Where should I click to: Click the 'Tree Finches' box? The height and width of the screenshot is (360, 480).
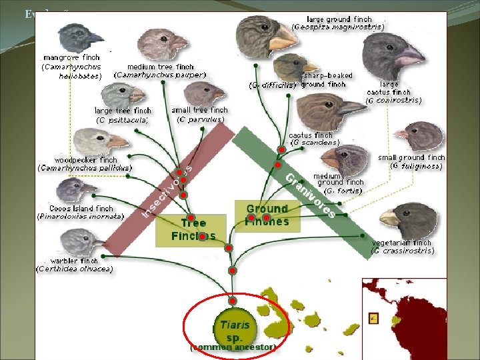[x=193, y=229]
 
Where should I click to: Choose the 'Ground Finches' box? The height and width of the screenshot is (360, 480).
[x=267, y=215]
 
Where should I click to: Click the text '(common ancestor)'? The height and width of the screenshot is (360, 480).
[x=233, y=347]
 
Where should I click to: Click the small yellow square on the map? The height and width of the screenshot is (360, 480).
[x=373, y=318]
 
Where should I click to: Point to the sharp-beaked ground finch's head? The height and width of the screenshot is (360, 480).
[x=291, y=67]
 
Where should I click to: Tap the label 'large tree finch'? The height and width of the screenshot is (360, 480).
[x=123, y=111]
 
